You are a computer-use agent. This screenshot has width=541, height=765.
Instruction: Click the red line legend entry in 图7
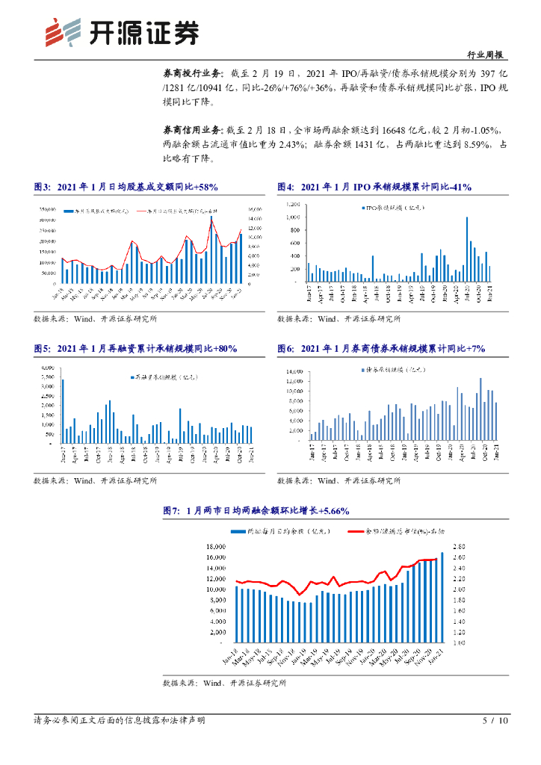[x=381, y=531]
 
